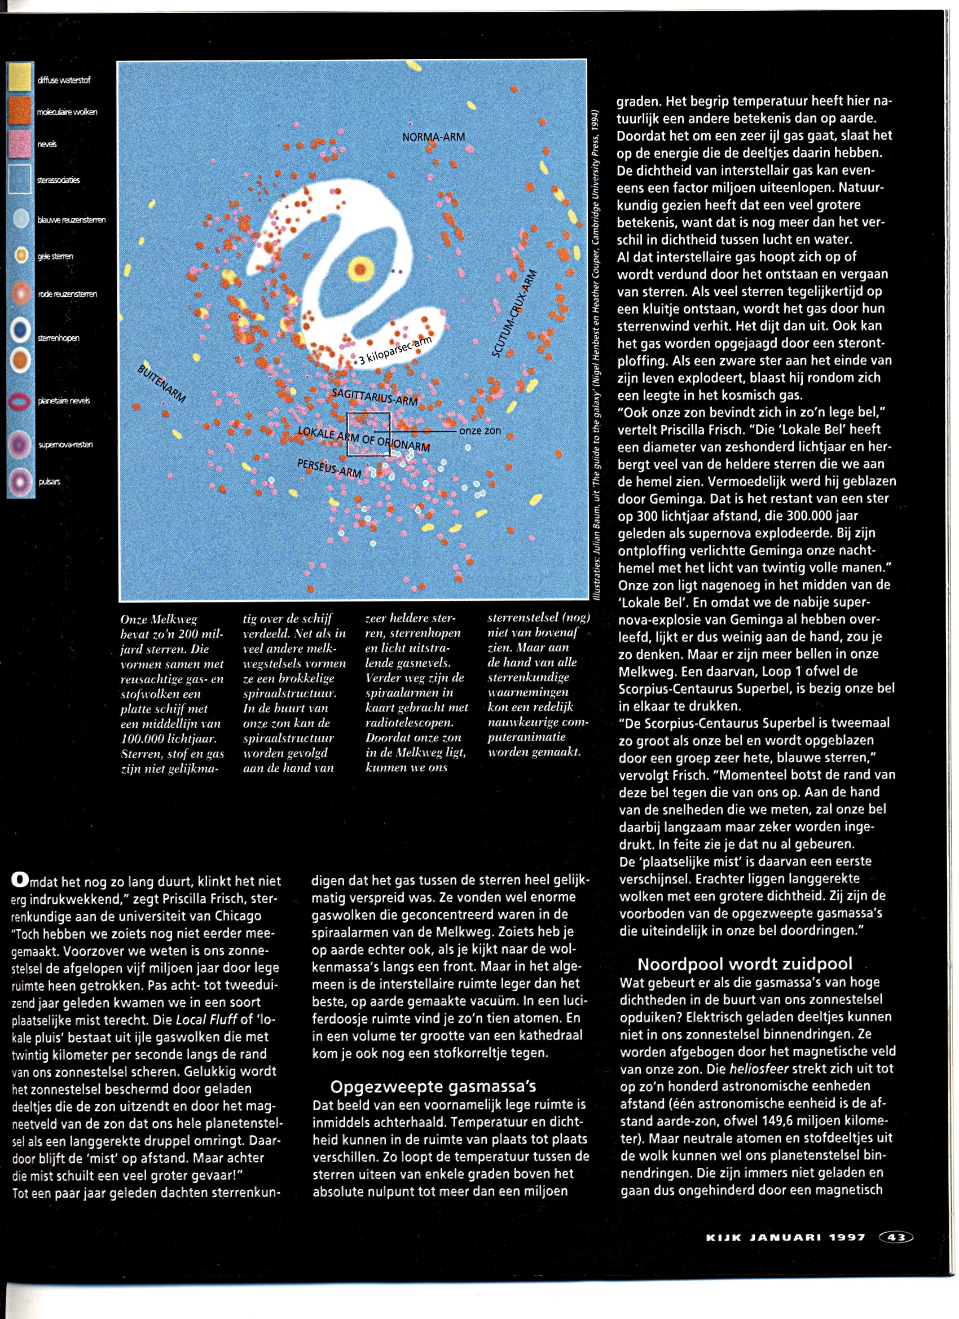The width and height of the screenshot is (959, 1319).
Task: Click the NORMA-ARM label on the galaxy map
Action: pyautogui.click(x=433, y=137)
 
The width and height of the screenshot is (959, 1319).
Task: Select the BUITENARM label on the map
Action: pyautogui.click(x=162, y=384)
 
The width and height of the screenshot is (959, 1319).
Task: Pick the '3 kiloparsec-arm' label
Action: pyautogui.click(x=395, y=352)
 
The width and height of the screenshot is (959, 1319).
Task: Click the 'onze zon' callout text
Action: pyautogui.click(x=480, y=431)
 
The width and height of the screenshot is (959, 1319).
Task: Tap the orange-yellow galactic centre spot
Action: pyautogui.click(x=361, y=269)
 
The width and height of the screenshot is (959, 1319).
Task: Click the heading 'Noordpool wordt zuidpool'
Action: pyautogui.click(x=745, y=964)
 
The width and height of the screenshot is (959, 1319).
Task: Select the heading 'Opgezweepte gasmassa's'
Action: pyautogui.click(x=433, y=1086)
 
